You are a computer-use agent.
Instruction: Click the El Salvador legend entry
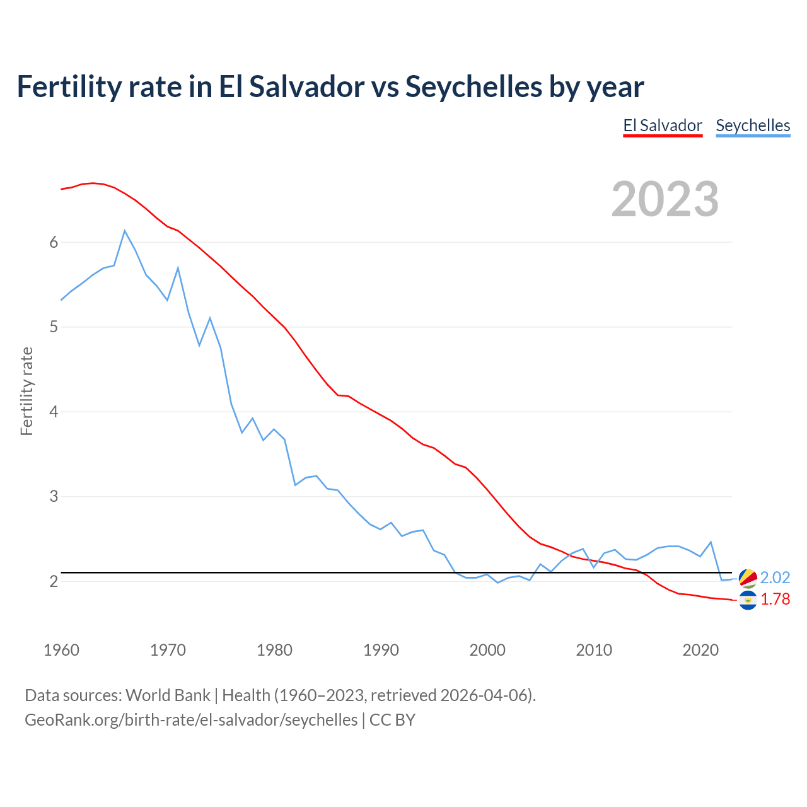pos(662,125)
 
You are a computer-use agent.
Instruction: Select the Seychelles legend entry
pos(753,125)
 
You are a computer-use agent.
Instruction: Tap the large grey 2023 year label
pos(665,199)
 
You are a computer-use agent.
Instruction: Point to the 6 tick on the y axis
pos(54,243)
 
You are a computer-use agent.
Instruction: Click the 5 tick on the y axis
pos(54,327)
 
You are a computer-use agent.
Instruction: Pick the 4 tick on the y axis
pos(54,412)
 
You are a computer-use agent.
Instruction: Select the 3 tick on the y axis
pos(54,497)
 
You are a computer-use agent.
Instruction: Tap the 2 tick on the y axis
pos(54,581)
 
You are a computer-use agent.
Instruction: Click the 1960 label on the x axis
pos(61,650)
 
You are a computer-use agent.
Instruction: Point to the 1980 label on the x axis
pos(274,650)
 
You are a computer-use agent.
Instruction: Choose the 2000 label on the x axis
pos(487,650)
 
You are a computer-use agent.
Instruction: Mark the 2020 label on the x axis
pos(700,650)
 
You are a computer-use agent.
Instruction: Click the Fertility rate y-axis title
pos(26,391)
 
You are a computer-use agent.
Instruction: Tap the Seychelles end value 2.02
pos(775,578)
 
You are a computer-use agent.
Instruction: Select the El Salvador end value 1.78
pos(775,600)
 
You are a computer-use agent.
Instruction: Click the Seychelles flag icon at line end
pos(748,578)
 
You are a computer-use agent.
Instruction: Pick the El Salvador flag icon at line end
pos(748,600)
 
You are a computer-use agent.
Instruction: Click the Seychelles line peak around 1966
pos(125,231)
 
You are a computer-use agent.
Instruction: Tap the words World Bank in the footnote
pos(168,695)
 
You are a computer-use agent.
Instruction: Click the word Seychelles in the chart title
pos(473,86)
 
